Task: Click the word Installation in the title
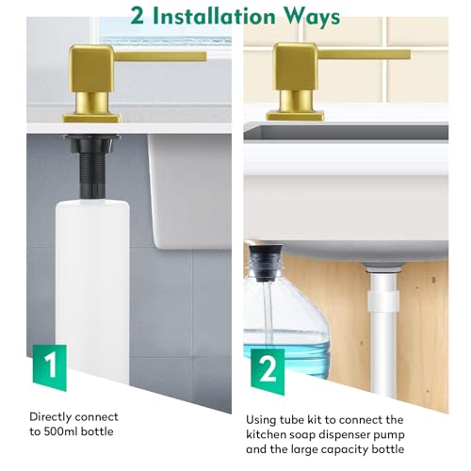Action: coord(216,16)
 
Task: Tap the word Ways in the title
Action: coord(313,18)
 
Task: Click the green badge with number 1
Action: coord(50,367)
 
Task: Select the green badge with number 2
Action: coord(268,371)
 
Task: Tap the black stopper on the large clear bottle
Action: coord(267,263)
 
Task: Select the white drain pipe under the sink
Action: coord(382,330)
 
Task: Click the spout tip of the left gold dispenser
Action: coord(204,57)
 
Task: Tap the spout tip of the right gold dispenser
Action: coord(408,55)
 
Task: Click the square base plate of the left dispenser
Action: coord(91,118)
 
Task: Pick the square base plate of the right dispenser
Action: coord(295,116)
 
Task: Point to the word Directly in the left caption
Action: coord(50,417)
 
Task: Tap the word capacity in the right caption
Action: coord(341,450)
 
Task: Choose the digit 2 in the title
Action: coord(138,16)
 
